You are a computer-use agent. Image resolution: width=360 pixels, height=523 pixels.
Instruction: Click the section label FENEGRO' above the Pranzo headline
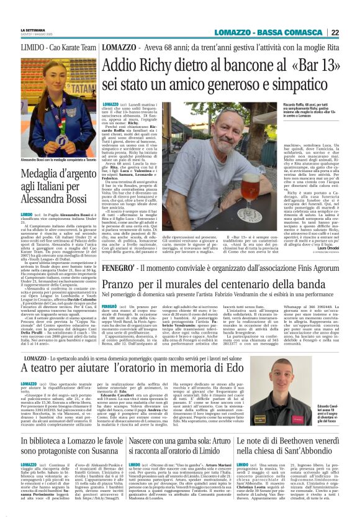coord(115,252)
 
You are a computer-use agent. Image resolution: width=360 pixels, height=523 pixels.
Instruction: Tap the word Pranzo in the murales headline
coord(118,265)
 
